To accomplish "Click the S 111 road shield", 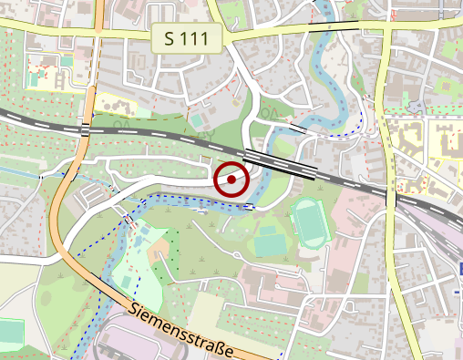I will point(188,39).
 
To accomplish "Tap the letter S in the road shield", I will point(171,39).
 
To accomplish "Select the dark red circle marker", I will point(232,180).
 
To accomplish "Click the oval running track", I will point(309,223).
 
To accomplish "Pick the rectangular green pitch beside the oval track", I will point(269,243).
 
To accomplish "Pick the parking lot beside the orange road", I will point(100,195).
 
